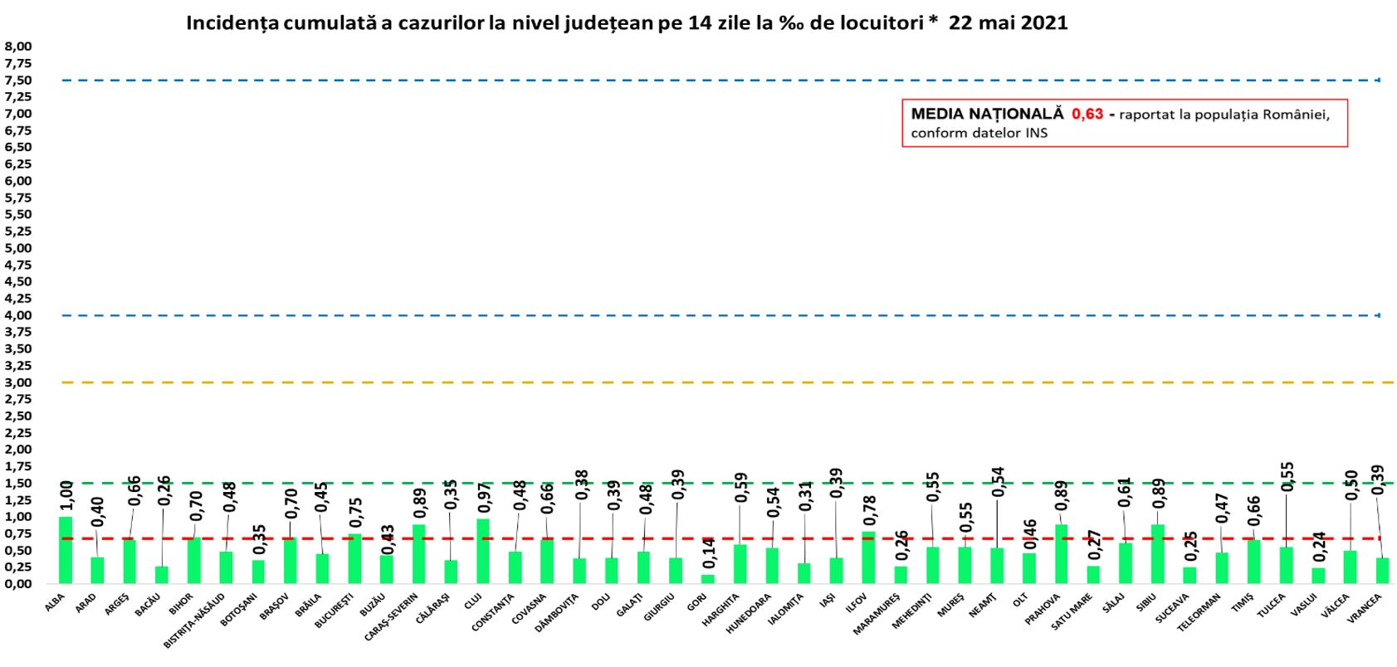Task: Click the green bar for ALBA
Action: pos(65,550)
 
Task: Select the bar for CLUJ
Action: pos(482,552)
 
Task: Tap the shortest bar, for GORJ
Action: pos(707,579)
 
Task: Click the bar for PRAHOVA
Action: pos(1061,554)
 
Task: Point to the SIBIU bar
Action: pos(1157,554)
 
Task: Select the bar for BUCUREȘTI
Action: pos(354,558)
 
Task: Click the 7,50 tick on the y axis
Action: pos(18,80)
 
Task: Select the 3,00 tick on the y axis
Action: pos(18,382)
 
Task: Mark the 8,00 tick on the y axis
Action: pos(18,46)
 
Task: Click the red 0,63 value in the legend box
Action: pos(1087,114)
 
